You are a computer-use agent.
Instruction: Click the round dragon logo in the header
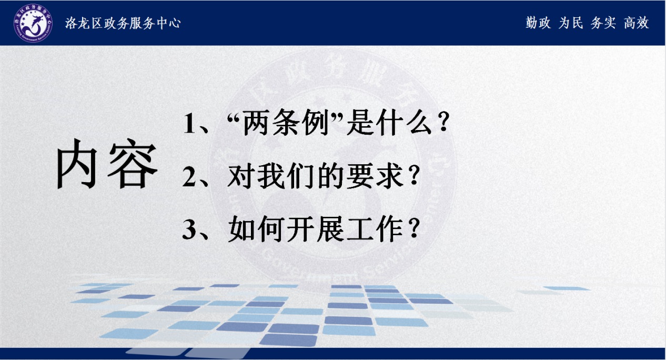point(33,23)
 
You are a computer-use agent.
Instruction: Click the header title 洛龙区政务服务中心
point(123,23)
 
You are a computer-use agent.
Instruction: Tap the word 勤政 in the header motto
point(538,23)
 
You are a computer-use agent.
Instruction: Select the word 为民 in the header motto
point(571,23)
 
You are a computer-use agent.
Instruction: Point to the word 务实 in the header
point(603,23)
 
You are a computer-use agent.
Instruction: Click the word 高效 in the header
point(636,23)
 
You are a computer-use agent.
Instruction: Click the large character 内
point(77,164)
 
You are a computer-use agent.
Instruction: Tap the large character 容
point(133,164)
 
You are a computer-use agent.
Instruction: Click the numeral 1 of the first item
point(189,123)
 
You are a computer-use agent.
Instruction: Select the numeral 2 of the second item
point(189,176)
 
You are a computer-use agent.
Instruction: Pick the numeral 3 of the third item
point(189,229)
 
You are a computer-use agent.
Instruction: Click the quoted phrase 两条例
point(286,123)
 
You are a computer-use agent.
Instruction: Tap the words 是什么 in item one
point(389,123)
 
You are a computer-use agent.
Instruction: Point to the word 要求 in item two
point(375,176)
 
